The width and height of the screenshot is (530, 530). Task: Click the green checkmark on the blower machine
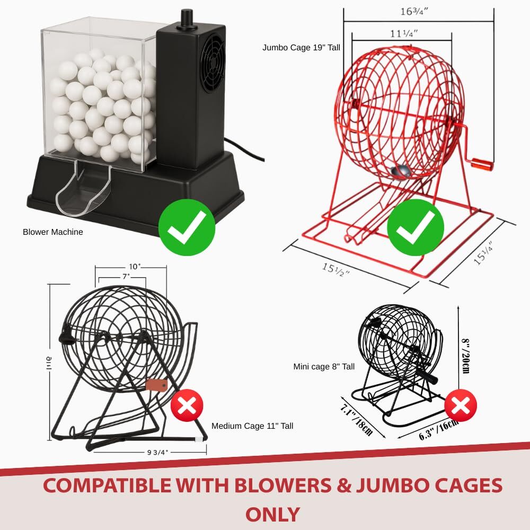(187, 227)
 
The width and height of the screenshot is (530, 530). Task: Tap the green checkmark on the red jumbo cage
(416, 227)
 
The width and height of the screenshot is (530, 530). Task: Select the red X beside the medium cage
(187, 405)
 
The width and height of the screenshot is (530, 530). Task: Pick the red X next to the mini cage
(461, 405)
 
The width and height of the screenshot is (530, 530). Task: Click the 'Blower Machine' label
(52, 232)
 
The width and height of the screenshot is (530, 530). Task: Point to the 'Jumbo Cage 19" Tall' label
(301, 48)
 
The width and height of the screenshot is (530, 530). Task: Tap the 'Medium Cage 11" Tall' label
(252, 426)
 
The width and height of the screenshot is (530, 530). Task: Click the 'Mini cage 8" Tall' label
(324, 367)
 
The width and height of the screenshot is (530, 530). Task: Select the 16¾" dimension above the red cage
(414, 12)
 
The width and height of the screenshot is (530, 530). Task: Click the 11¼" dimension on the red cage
(404, 34)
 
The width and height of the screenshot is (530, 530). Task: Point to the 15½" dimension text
(335, 270)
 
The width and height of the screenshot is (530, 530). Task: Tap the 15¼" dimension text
(483, 253)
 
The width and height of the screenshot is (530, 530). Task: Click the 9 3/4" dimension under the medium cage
(157, 452)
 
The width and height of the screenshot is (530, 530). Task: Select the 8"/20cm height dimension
(465, 356)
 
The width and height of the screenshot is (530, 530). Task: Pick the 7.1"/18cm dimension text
(356, 420)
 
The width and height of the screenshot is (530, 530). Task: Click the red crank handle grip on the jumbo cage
(483, 164)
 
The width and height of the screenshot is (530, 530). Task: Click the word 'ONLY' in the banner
(272, 515)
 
